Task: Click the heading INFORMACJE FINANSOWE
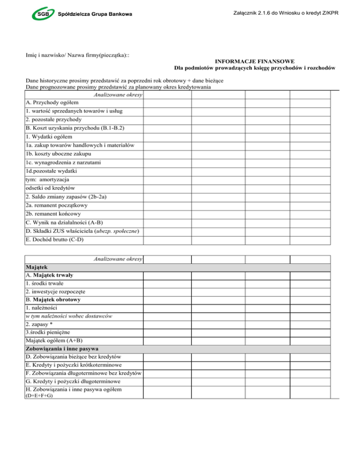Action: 254,61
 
